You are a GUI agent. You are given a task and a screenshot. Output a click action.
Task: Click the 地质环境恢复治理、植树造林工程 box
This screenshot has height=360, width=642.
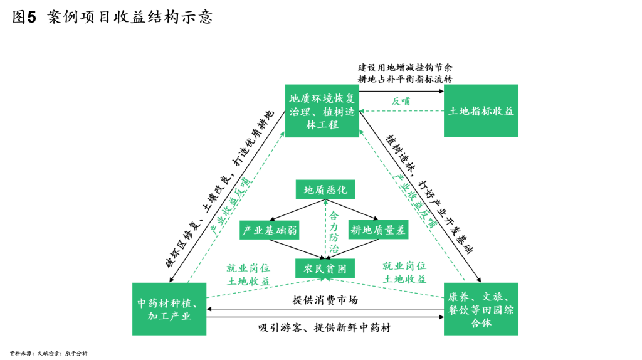point(322,110)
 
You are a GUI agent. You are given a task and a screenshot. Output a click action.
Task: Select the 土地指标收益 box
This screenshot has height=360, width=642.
point(481,110)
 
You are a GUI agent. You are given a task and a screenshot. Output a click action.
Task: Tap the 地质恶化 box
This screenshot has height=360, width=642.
point(325,189)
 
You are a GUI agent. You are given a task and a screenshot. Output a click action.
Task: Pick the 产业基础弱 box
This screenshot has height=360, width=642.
point(269,230)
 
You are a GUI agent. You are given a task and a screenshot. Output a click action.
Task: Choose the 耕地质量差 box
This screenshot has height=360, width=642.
point(378,230)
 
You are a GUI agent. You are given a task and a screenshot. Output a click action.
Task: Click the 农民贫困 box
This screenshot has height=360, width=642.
point(325,268)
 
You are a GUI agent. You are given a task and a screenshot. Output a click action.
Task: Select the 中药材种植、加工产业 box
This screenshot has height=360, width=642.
point(169,309)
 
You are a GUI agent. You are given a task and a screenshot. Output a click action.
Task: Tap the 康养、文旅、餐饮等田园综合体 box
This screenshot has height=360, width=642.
point(481,309)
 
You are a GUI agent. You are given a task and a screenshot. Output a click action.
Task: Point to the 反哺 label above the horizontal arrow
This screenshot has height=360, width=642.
point(401,101)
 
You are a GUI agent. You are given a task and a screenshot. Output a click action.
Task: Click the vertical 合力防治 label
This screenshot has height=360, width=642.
point(334,232)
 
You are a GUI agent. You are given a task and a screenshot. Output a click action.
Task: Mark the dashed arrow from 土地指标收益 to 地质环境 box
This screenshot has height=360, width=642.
point(402,111)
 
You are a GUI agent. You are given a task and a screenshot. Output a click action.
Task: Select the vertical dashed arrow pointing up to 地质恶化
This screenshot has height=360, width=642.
point(325,229)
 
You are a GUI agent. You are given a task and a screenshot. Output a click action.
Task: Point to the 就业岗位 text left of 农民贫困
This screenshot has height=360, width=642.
point(248,268)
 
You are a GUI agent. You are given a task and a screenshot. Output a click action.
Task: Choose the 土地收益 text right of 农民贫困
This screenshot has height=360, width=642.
point(404,279)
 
